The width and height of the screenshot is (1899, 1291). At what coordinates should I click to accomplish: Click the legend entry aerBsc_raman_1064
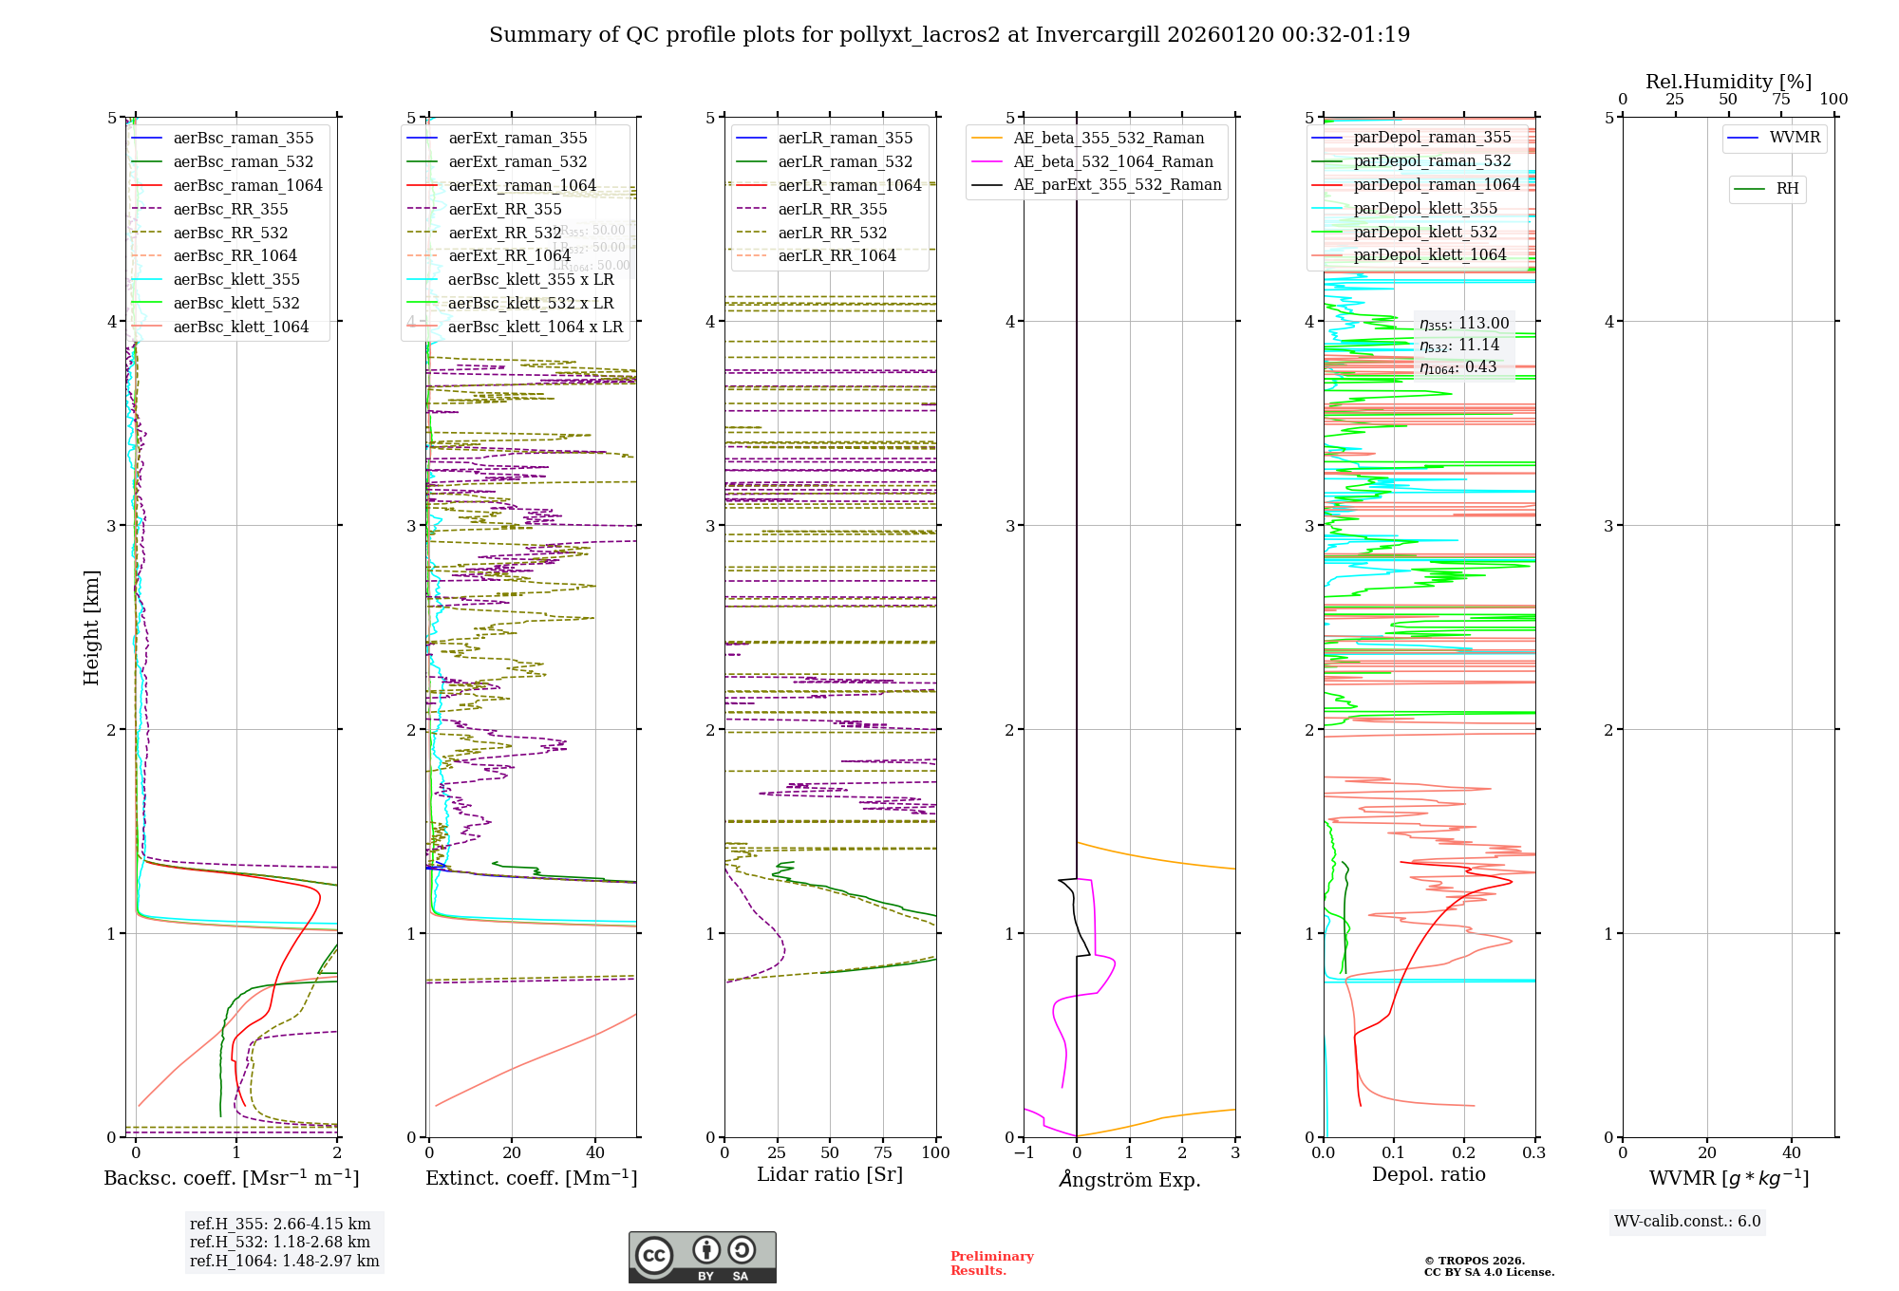(248, 186)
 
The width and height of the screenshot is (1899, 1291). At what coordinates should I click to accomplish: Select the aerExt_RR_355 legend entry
(504, 210)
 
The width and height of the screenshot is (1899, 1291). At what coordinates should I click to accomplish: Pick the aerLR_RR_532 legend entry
(832, 233)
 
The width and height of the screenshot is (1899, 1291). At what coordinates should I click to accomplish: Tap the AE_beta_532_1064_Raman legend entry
(1113, 162)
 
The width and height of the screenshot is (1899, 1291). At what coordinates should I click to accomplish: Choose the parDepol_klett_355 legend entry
(1424, 209)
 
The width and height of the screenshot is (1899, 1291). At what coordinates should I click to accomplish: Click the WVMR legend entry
(1795, 138)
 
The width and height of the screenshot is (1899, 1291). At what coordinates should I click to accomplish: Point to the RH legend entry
(1787, 189)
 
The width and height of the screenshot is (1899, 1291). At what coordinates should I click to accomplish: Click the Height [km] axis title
(91, 627)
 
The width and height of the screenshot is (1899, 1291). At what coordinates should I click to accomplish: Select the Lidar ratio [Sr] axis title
(829, 1175)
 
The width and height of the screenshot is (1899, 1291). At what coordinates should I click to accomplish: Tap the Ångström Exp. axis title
(1130, 1180)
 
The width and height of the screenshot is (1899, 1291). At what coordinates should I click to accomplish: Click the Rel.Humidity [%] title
(1728, 82)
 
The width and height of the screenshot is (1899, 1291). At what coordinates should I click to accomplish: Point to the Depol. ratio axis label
(1428, 1175)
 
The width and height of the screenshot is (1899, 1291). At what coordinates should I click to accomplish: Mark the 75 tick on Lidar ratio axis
(883, 1153)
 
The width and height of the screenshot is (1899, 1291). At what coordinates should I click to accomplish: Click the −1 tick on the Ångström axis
(1024, 1153)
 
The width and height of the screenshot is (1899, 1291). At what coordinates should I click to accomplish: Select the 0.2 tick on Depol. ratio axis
(1464, 1153)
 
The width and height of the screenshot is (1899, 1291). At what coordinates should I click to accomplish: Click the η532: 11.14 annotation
(1459, 346)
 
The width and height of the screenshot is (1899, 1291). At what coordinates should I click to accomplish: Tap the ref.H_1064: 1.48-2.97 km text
(284, 1262)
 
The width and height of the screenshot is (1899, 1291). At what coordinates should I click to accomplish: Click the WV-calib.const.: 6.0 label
(1687, 1222)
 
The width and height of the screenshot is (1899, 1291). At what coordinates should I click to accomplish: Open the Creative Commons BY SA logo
(702, 1258)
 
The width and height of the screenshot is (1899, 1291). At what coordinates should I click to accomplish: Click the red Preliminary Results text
(991, 1263)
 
